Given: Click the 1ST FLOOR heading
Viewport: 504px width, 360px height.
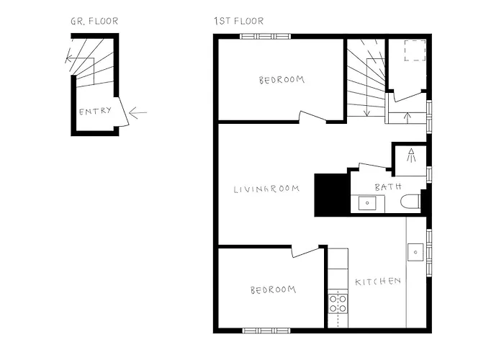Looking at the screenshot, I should pos(238,21).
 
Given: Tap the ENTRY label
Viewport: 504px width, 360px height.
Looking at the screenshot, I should pos(95,112).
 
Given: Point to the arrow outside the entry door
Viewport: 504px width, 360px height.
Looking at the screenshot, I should pos(139,112).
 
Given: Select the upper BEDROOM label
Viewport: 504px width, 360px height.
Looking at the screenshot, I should pos(282,80).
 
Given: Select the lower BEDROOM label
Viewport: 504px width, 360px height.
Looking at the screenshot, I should pos(273,289).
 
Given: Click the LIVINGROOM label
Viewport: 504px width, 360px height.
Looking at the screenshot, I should pos(266,190).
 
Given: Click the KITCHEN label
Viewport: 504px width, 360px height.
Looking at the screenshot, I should pos(377,281).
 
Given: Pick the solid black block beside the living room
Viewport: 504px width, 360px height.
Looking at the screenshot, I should pos(332,195).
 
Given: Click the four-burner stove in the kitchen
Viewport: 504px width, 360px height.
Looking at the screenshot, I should pos(338,303).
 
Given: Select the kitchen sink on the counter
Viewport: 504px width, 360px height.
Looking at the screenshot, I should pos(416,253).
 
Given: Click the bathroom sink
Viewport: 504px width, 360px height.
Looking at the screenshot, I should pos(368,204).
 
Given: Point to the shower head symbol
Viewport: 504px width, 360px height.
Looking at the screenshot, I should pos(411,156).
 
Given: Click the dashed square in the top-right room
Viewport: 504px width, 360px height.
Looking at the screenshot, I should pos(415,52).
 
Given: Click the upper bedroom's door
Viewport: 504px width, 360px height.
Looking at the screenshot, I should pos(314,116).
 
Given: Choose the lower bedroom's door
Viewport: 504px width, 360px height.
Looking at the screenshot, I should pos(306,251).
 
